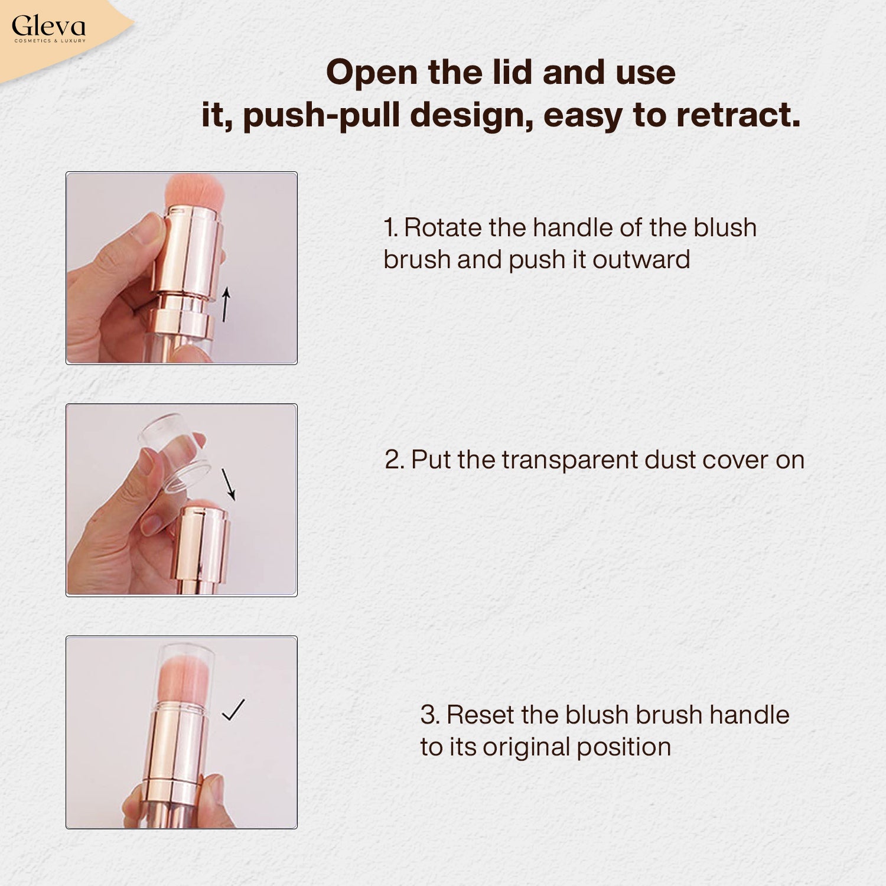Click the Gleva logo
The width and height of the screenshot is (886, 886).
[x=49, y=28]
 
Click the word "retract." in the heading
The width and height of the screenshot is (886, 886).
[x=738, y=115]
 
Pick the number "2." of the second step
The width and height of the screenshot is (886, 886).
[x=395, y=460]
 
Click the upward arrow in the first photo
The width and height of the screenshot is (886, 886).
[x=225, y=305]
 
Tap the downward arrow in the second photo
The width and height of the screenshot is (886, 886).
[x=228, y=484]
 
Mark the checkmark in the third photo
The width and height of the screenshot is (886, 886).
[x=233, y=709]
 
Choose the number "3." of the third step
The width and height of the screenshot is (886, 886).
[x=430, y=715]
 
